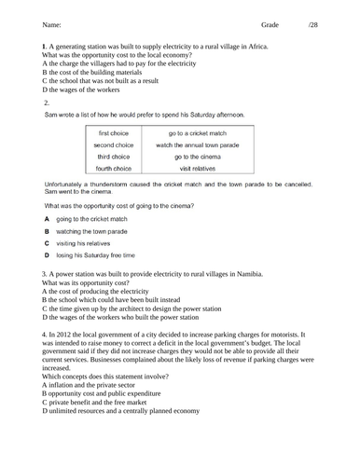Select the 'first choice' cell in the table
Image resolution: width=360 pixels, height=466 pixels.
point(115,134)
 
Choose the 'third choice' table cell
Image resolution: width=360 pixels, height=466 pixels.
point(115,157)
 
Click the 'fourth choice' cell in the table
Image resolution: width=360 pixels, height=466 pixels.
point(115,168)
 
